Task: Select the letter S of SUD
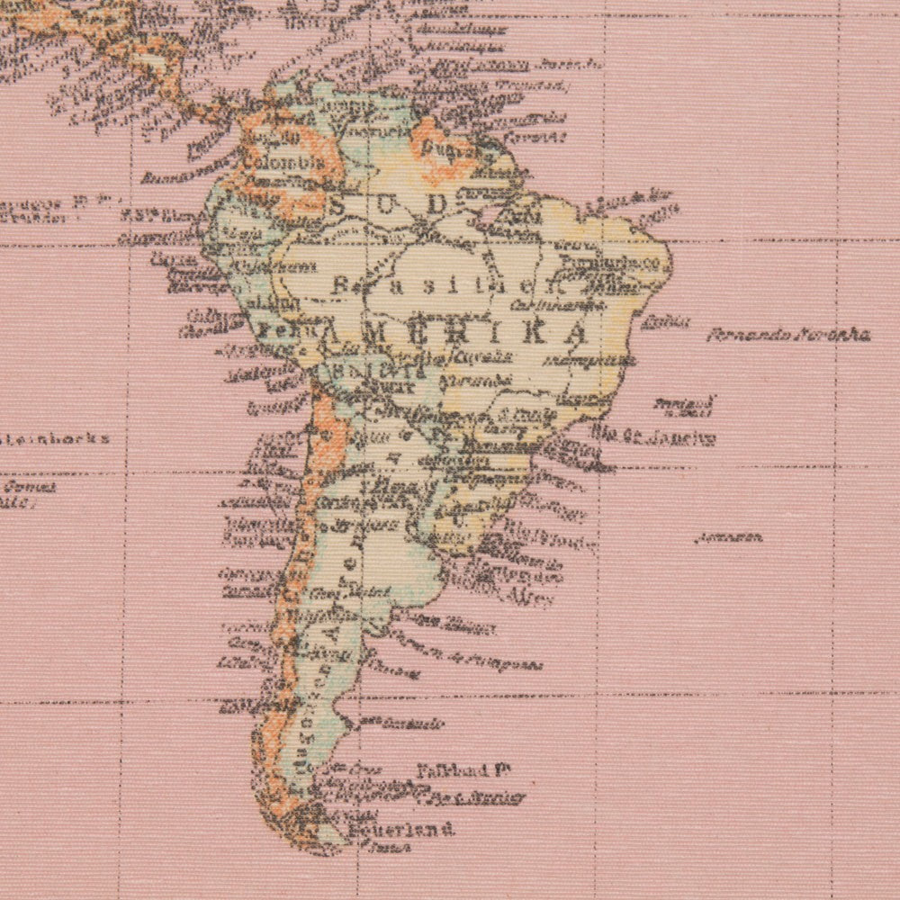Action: tap(338, 206)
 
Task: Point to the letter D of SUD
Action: tap(436, 205)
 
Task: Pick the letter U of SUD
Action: tap(386, 206)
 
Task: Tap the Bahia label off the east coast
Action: tap(665, 320)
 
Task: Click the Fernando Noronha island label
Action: tap(787, 336)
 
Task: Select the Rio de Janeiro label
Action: tap(654, 437)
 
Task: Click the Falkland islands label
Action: tap(464, 771)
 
